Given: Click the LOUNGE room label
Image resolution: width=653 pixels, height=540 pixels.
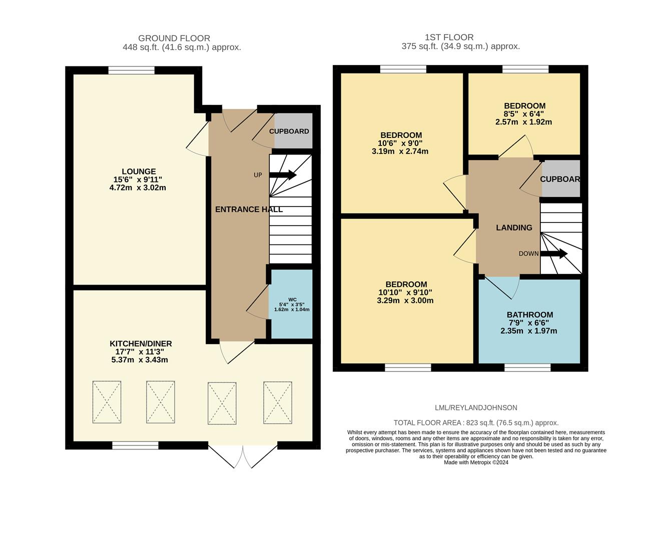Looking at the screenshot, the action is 139,171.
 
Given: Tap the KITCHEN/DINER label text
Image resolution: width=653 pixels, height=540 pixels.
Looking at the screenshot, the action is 141,343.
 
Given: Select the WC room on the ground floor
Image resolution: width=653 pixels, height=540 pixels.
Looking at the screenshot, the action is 291,304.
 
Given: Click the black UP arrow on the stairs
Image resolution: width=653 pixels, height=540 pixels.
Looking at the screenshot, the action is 283,174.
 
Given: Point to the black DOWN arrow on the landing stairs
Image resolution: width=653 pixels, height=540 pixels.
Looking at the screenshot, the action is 554,253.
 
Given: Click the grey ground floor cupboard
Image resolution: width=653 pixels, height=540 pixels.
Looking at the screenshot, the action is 293,130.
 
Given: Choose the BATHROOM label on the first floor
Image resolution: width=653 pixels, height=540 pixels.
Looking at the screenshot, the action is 530,314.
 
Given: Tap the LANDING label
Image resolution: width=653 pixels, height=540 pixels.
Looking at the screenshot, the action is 514,227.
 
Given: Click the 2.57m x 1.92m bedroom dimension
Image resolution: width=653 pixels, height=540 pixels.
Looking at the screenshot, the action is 523,122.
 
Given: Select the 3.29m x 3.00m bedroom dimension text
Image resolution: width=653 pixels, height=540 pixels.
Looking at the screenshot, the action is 405,300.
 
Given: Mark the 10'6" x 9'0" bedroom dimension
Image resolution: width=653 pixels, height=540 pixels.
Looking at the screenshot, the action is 400,143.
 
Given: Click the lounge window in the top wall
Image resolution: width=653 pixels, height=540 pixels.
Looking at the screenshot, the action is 131,70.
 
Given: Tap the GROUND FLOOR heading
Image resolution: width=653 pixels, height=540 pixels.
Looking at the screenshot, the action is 174,38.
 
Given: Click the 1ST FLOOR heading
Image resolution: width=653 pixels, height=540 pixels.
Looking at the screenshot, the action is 449,37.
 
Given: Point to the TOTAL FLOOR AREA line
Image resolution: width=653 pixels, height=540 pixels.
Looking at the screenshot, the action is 476,423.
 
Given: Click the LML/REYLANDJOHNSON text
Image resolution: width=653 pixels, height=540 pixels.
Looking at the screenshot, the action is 476,407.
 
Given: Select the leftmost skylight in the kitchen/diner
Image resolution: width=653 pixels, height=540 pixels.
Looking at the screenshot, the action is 107,402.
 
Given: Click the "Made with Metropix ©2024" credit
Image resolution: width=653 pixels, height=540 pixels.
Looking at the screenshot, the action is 476,462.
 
